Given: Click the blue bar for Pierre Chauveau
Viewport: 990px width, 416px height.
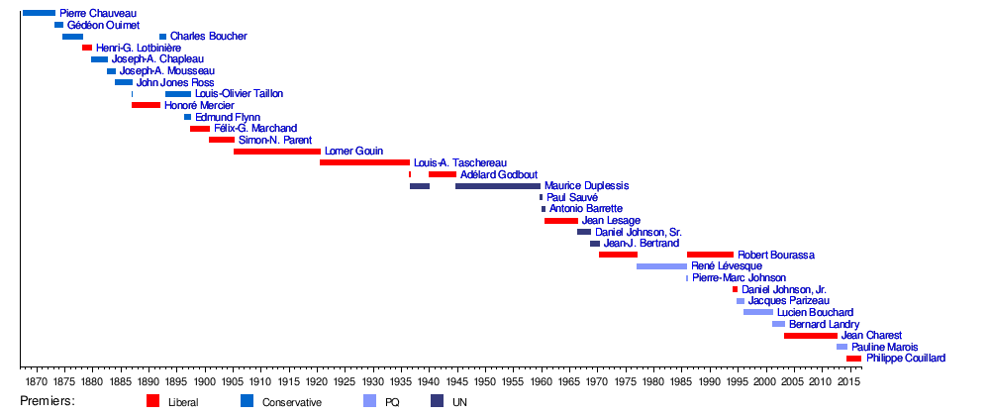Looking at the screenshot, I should pos(39,13).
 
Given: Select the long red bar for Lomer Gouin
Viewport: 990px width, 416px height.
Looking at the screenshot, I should pos(277,151).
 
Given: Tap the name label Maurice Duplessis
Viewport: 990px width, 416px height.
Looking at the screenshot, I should pos(586,185).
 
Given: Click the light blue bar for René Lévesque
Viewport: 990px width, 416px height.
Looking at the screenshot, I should pos(661,266).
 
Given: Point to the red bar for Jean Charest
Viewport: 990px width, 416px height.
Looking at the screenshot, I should pos(810,336).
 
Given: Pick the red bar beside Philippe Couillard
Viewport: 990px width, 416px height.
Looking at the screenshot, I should pos(853,359).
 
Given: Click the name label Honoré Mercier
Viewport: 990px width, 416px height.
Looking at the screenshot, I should pos(199,105).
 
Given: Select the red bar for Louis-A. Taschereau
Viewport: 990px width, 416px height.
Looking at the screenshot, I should pos(364,162).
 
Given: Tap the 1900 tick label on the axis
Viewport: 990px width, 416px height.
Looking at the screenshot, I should pos(204,381).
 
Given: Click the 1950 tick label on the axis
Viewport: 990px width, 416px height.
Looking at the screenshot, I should pos(485,381).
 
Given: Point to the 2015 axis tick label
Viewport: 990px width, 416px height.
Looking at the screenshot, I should pos(849,381).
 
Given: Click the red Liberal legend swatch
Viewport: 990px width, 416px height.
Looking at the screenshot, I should pos(152,401).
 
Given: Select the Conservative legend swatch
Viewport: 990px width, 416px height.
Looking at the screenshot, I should pos(247,401).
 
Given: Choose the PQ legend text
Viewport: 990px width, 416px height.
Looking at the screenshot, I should pos(393,402).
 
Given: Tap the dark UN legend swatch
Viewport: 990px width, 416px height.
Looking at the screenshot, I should pos(437,401).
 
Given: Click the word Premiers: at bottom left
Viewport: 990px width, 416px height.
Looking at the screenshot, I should pos(48,401).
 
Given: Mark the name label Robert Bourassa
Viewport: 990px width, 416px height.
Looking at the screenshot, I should pos(776,255).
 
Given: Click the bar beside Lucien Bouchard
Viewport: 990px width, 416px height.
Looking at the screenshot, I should pos(758,312).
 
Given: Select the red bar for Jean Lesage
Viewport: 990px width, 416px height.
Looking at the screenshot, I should pos(561,220).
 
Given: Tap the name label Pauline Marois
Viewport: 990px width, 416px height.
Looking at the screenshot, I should pos(884,347).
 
